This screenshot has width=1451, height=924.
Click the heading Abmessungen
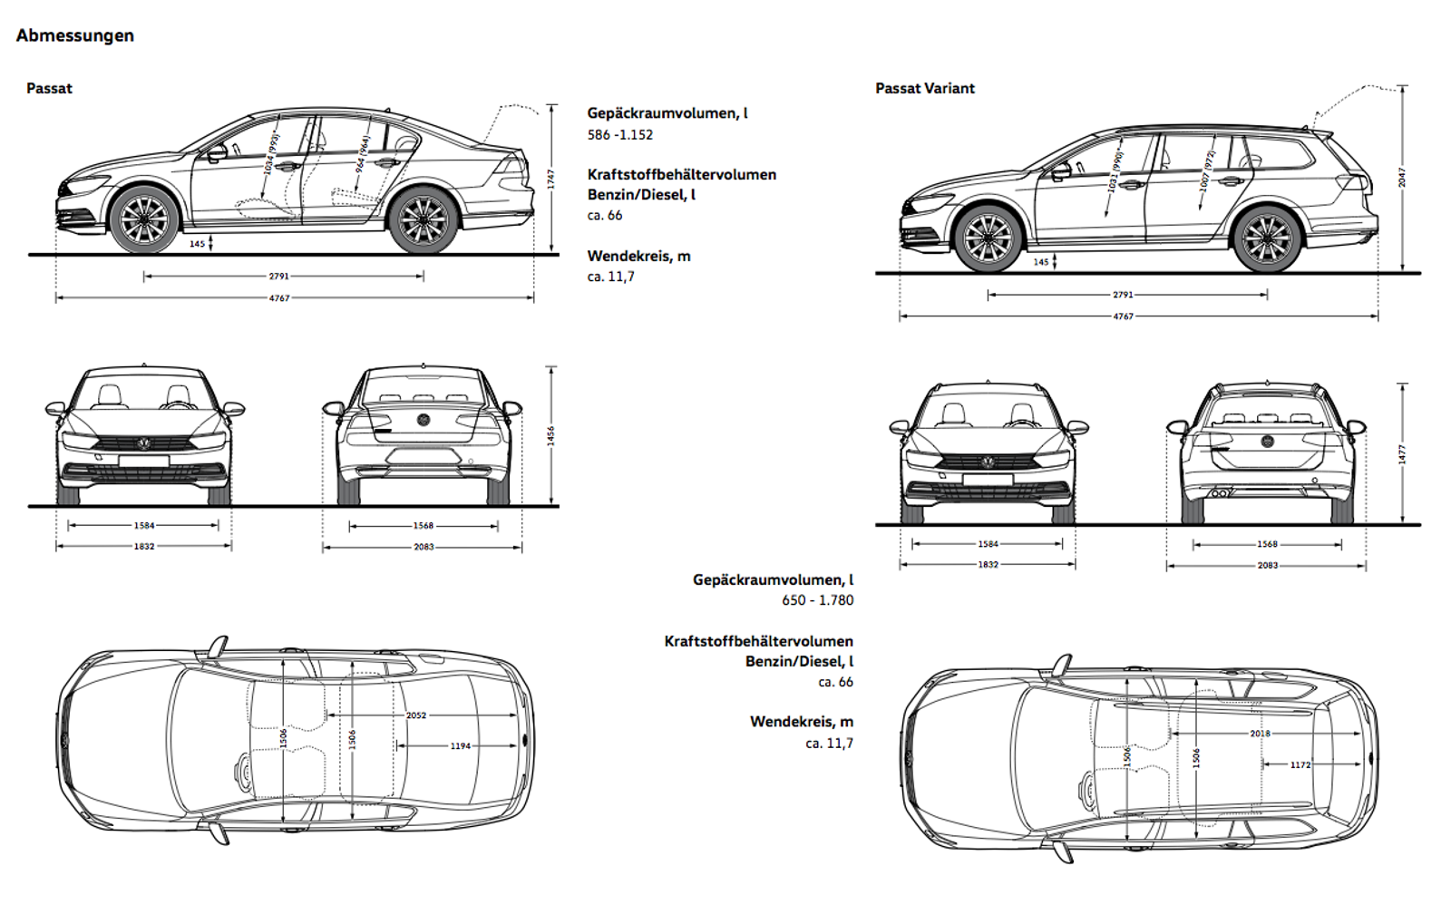pos(75,35)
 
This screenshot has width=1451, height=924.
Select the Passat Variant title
pos(924,88)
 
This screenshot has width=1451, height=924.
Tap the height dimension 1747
pos(550,179)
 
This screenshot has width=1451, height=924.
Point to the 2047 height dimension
pos(1402,177)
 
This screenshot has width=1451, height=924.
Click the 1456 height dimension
pos(550,436)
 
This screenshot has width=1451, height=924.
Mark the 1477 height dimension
pos(1402,454)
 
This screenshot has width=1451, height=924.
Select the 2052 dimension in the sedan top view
pos(416,715)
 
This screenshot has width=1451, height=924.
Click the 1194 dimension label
pos(461,746)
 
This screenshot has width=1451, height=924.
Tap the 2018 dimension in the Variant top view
pos(1260,734)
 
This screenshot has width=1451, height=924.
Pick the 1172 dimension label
pos(1300,764)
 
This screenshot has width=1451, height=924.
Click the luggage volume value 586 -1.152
pos(619,135)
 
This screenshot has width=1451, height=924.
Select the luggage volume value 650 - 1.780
pos(817,600)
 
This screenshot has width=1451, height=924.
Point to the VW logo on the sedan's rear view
pos(423,420)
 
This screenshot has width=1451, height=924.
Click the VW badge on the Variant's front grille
pos(988,462)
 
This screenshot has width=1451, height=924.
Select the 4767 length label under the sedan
pos(279,298)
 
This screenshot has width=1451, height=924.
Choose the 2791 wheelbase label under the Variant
pos(1123,295)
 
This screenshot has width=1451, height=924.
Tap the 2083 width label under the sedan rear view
pos(424,547)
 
